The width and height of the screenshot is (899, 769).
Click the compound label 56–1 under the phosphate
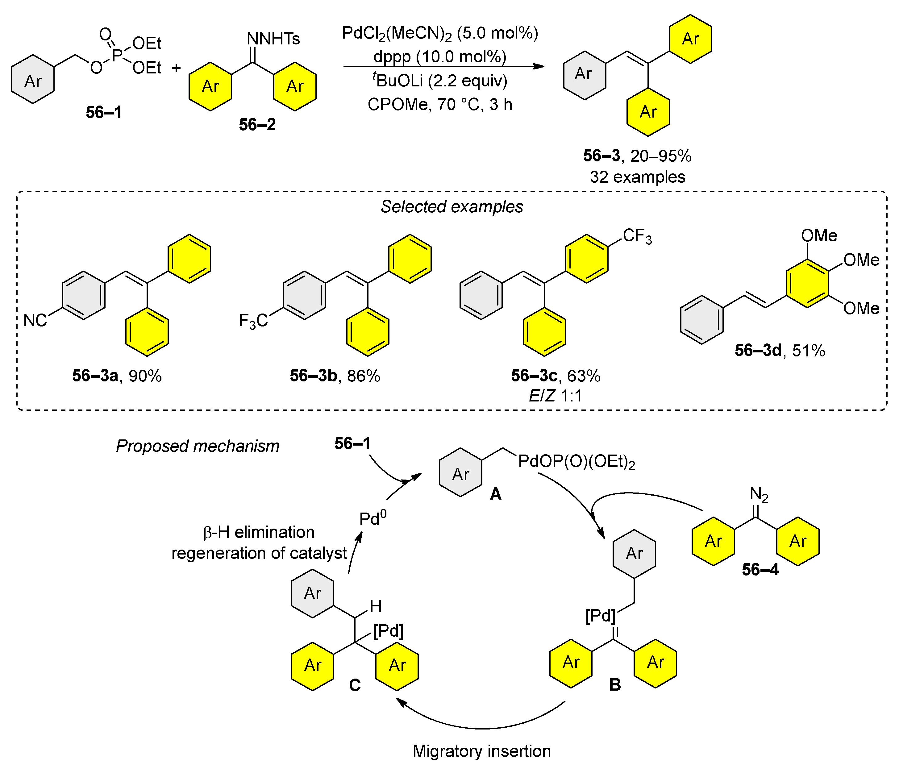[x=104, y=112]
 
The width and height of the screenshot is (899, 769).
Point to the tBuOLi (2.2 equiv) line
[x=439, y=81]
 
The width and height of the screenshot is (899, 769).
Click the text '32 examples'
[x=637, y=177]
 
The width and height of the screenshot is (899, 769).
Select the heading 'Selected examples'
[x=452, y=206]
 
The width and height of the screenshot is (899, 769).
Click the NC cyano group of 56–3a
[x=35, y=321]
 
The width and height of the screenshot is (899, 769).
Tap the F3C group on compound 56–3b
[x=253, y=321]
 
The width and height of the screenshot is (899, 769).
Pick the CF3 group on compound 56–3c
[x=636, y=236]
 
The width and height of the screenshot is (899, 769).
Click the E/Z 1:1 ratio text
[x=556, y=396]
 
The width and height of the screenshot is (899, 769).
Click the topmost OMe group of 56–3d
[x=819, y=235]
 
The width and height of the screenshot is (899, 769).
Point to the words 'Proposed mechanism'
[x=198, y=446]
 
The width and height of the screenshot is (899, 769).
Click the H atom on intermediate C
[x=376, y=606]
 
